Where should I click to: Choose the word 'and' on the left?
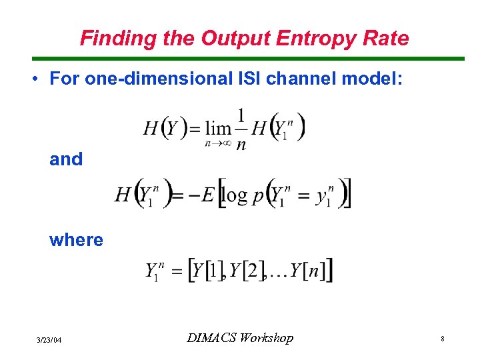coord(66,159)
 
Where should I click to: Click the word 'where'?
coord(76,240)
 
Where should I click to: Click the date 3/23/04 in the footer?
coord(49,340)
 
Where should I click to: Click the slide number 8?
coord(442,339)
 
